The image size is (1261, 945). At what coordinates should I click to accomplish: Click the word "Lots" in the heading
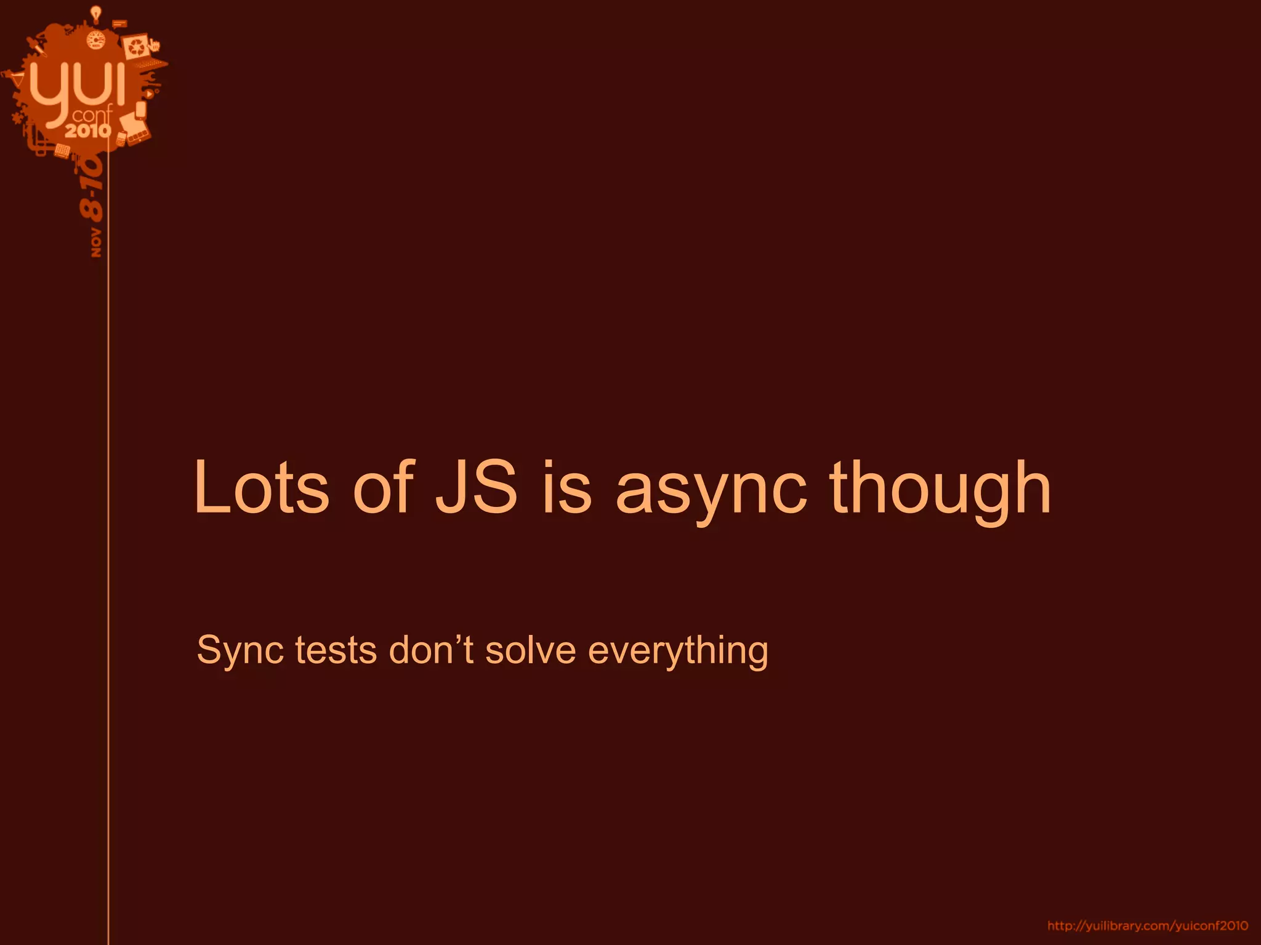coord(261,488)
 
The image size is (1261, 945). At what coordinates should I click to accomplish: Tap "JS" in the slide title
coord(476,488)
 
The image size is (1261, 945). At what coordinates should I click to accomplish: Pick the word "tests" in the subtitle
coord(335,651)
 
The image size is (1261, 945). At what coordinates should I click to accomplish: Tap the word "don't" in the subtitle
coord(431,650)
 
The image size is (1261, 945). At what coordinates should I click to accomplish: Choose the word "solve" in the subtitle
coord(530,650)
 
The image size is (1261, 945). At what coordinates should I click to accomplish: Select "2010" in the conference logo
coord(88,130)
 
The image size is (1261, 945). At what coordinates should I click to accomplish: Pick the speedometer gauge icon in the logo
coord(95,41)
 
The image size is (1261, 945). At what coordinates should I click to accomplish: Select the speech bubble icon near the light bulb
coord(119,24)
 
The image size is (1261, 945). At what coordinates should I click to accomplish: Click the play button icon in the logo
coord(149,94)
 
